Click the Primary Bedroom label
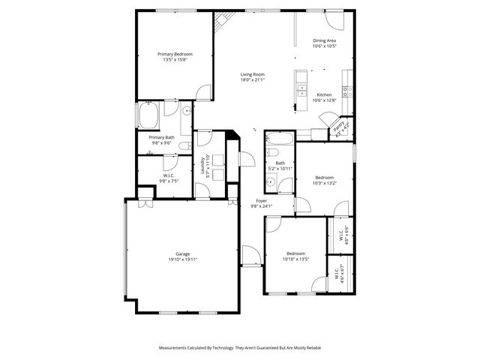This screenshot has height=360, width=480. (x=175, y=54)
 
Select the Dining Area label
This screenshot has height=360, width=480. (x=324, y=40)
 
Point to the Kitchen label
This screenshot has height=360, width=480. (x=324, y=94)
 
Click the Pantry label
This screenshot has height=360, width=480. (x=338, y=124)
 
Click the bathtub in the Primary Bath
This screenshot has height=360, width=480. (x=147, y=117)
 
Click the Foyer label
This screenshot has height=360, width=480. (x=261, y=201)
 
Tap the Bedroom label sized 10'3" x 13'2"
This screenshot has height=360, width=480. (x=324, y=177)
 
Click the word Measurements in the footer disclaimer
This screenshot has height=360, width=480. (x=175, y=348)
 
